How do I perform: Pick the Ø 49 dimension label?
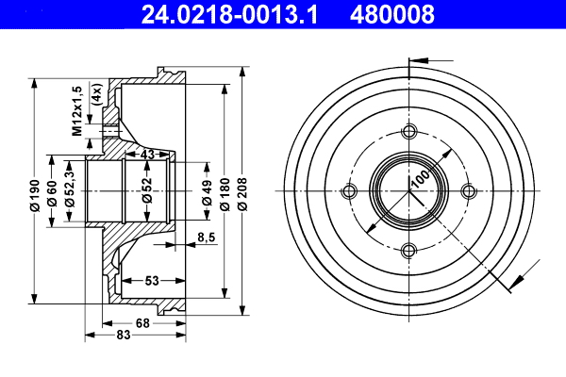[207, 192]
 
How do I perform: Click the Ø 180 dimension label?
[225, 192]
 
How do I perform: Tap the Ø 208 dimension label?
[243, 192]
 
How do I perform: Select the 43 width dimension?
[146, 154]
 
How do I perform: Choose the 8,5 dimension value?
[207, 237]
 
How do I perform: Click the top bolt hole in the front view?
[408, 132]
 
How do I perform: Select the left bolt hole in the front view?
[349, 191]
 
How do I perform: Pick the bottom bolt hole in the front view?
[408, 250]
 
